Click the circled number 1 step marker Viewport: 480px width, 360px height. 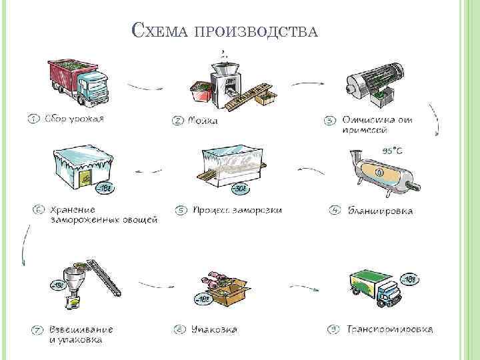coord(33,120)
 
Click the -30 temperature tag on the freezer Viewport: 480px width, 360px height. coord(239,189)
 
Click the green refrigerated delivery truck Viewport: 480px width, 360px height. coord(378,288)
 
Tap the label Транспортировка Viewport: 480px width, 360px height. coord(390,329)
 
